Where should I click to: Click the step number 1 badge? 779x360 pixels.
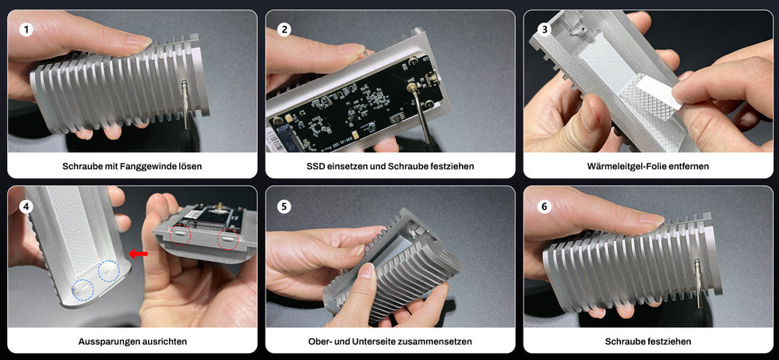tap(27, 30)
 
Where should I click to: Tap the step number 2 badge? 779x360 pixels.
tap(284, 30)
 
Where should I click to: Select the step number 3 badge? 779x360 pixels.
tap(544, 30)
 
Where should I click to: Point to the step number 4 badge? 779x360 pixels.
tap(27, 206)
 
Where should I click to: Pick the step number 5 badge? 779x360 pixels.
tap(284, 206)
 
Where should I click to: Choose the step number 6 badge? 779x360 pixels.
tap(544, 206)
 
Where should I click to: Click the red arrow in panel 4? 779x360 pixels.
tap(138, 253)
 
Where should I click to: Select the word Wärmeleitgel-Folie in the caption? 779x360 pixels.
tap(633, 166)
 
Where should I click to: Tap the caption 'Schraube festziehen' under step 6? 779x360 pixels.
tap(648, 341)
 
